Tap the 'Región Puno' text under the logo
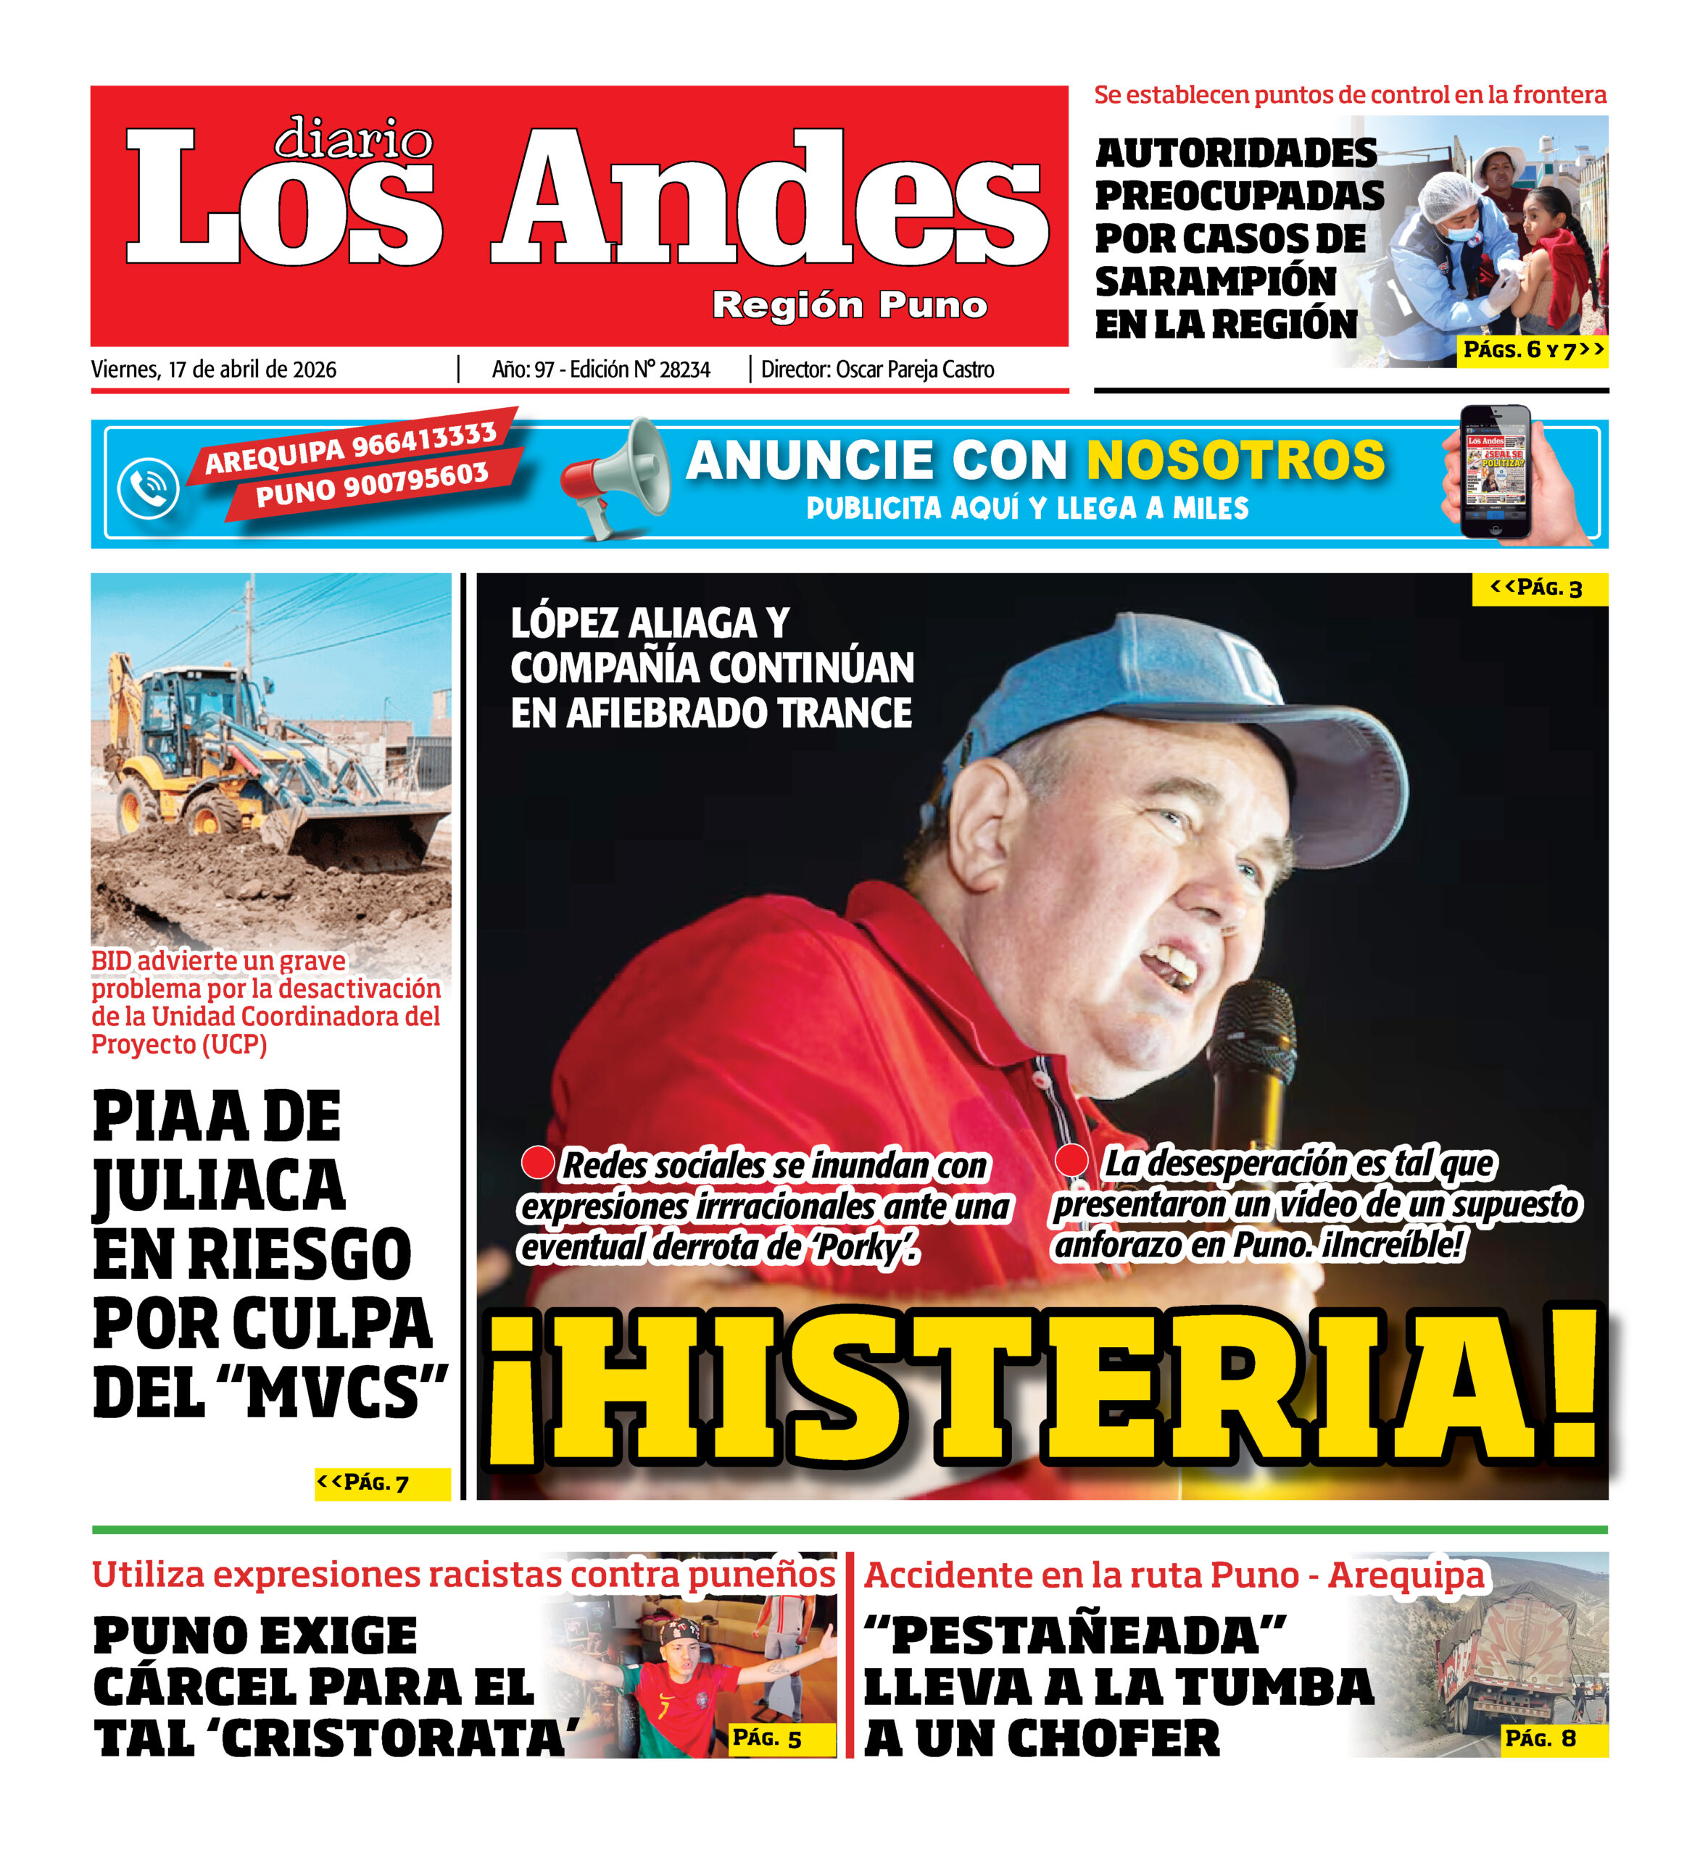point(850,304)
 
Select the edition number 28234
point(685,370)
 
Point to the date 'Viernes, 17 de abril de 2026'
point(214,370)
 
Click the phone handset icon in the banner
point(148,488)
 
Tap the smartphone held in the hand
point(1495,472)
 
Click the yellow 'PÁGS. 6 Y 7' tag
point(1532,350)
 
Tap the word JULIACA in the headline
point(219,1187)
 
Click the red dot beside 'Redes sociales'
point(536,1162)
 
